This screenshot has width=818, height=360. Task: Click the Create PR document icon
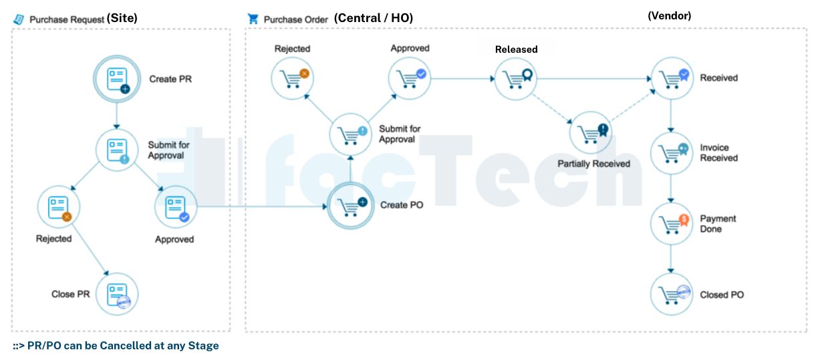click(x=116, y=79)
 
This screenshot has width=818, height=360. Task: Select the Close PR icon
click(x=117, y=294)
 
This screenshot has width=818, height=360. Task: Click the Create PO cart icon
click(x=350, y=205)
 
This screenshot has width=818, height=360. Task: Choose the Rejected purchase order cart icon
click(x=292, y=77)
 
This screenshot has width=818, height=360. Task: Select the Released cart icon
click(x=515, y=77)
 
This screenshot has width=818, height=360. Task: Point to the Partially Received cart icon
click(x=590, y=132)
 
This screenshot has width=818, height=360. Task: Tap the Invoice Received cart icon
click(x=672, y=152)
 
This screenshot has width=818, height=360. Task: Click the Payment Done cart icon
click(x=672, y=223)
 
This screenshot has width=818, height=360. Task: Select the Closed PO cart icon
click(x=672, y=295)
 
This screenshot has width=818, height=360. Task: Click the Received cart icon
click(x=672, y=77)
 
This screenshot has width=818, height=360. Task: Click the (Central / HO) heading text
click(x=373, y=18)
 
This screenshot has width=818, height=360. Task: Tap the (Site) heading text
click(x=122, y=19)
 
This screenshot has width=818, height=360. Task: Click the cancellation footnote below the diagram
click(x=116, y=346)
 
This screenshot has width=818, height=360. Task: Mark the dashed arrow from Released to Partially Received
click(x=552, y=109)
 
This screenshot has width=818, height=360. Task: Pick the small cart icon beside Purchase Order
click(x=253, y=19)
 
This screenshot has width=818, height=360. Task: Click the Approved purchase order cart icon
click(x=410, y=77)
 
